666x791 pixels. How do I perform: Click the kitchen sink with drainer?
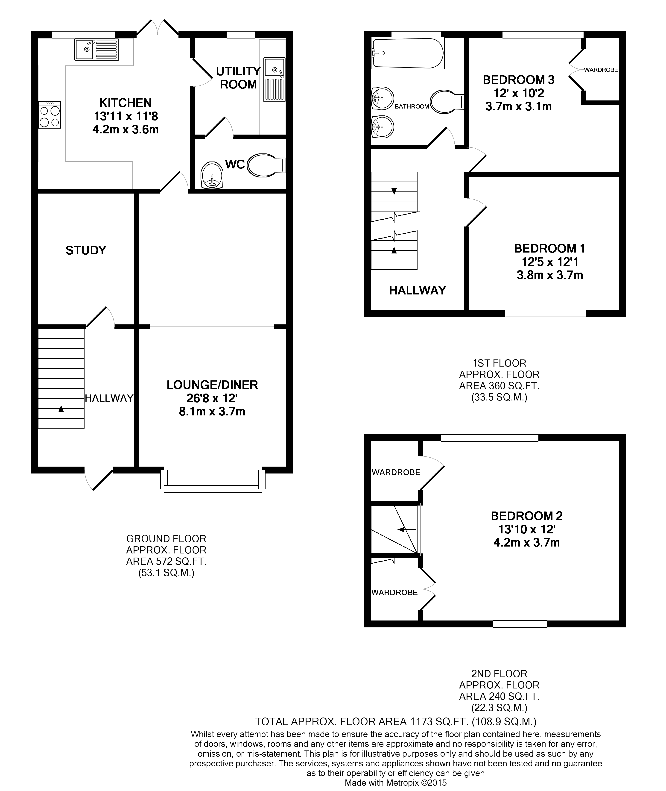(97, 50)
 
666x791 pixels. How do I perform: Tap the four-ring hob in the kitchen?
(50, 115)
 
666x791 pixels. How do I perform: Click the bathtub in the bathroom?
(408, 53)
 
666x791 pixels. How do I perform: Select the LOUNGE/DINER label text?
(212, 385)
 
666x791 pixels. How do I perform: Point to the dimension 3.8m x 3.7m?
(550, 275)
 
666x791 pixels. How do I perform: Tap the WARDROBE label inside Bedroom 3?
(601, 70)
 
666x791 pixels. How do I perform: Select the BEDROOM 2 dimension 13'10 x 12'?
(526, 529)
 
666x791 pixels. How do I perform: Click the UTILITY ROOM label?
(238, 78)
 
